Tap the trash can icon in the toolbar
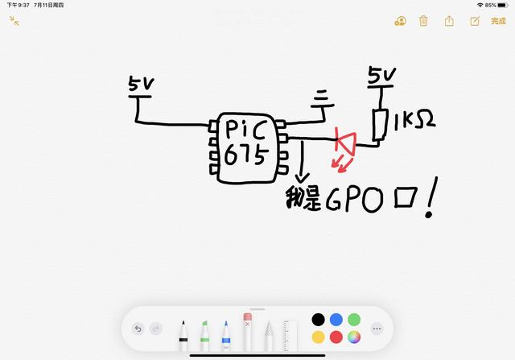pyautogui.click(x=423, y=21)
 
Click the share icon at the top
pyautogui.click(x=449, y=21)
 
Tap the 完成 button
pyautogui.click(x=498, y=21)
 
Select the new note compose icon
pyautogui.click(x=474, y=21)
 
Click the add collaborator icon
pyautogui.click(x=399, y=21)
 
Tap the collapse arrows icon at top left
pyautogui.click(x=14, y=21)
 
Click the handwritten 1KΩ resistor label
pyautogui.click(x=415, y=122)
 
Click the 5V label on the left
pyautogui.click(x=142, y=84)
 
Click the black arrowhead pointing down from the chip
pyautogui.click(x=303, y=179)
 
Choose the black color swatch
pyautogui.click(x=319, y=320)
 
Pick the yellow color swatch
pyautogui.click(x=319, y=337)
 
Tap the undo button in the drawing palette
pyautogui.click(x=138, y=329)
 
